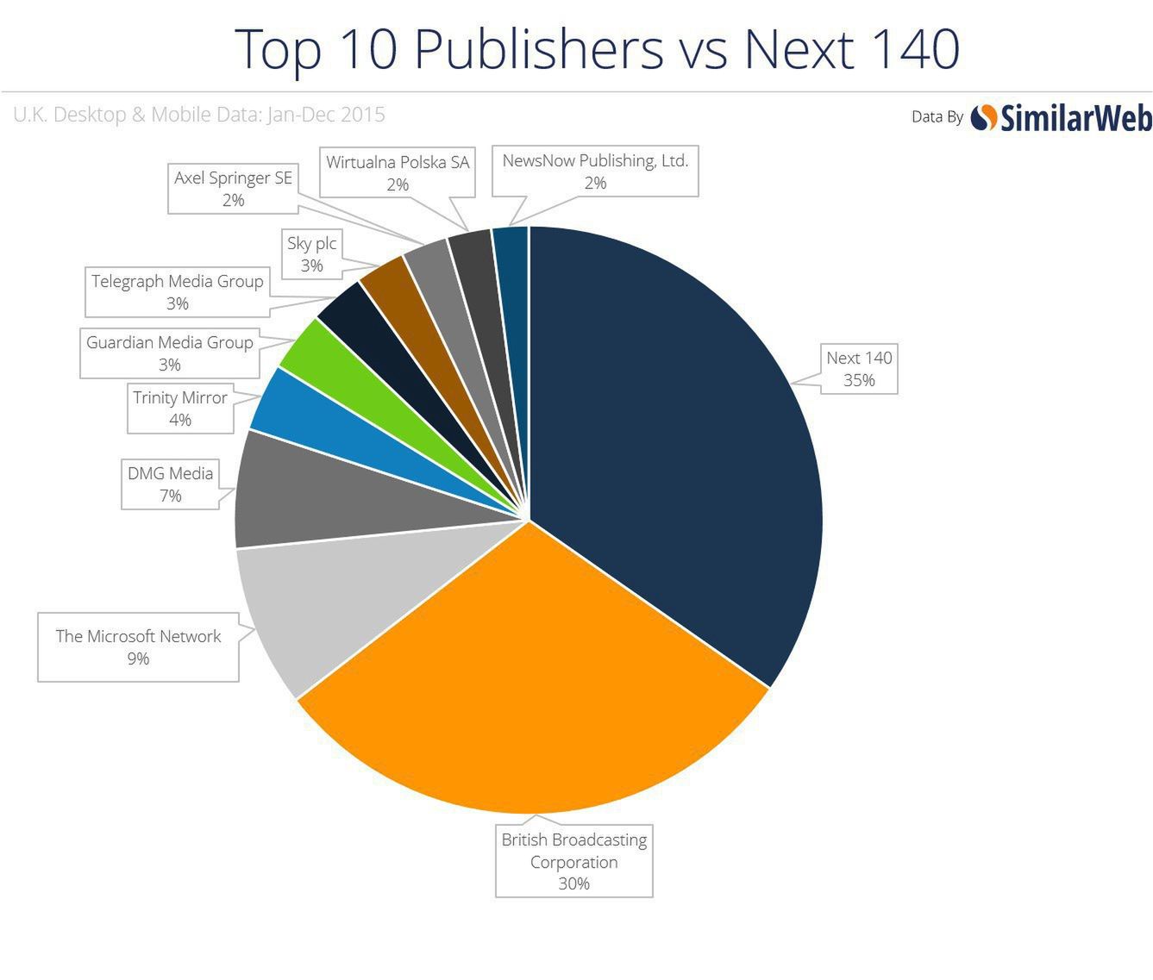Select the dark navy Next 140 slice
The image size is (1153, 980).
click(x=681, y=448)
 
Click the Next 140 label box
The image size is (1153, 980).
click(x=859, y=369)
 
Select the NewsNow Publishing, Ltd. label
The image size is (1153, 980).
click(x=595, y=172)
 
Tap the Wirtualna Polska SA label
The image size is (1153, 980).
click(x=398, y=172)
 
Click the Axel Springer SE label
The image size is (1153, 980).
click(x=233, y=189)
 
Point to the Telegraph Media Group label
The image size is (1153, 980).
click(x=177, y=292)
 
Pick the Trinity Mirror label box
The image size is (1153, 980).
click(x=179, y=409)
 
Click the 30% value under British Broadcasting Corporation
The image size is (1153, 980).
click(x=573, y=883)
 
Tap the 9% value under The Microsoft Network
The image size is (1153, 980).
click(x=138, y=659)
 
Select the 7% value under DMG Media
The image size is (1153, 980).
click(x=170, y=496)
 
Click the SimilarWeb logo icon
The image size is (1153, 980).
click(x=984, y=116)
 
